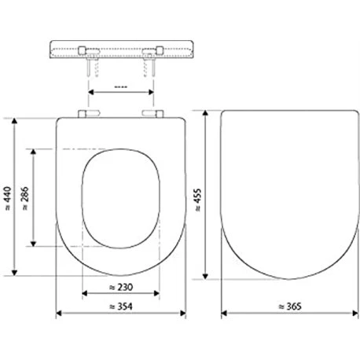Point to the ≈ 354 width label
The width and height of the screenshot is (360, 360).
tap(121, 306)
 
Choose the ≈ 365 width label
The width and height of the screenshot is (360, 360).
tap(290, 306)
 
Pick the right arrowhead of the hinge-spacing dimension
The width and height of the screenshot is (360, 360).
tap(152, 93)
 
